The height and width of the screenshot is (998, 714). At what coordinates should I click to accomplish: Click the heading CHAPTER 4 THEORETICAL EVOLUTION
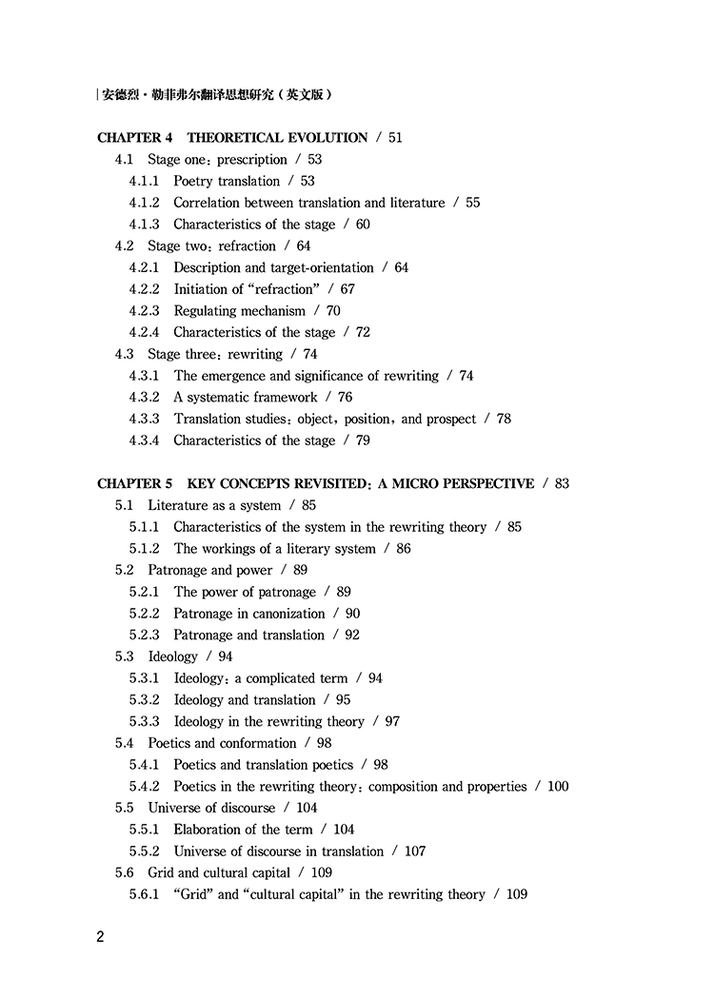[232, 137]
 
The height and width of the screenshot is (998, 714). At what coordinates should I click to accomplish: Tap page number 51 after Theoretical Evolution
[395, 137]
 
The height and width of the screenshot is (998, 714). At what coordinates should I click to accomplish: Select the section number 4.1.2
[145, 203]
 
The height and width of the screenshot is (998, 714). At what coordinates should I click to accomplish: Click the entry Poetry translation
[227, 181]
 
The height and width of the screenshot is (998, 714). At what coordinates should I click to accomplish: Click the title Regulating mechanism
[239, 310]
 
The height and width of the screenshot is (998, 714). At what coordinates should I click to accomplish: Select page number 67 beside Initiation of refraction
[347, 289]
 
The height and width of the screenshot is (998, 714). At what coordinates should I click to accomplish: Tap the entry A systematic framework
[246, 397]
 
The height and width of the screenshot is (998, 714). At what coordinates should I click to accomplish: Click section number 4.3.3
[145, 419]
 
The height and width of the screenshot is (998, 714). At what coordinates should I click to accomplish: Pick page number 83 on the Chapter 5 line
[562, 483]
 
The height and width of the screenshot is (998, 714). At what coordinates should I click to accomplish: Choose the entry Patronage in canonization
[249, 614]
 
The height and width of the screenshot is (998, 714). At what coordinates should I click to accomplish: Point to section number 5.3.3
[145, 721]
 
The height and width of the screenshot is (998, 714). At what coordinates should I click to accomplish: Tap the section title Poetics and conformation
[222, 743]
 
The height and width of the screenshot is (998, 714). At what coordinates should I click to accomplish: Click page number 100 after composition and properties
[558, 787]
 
